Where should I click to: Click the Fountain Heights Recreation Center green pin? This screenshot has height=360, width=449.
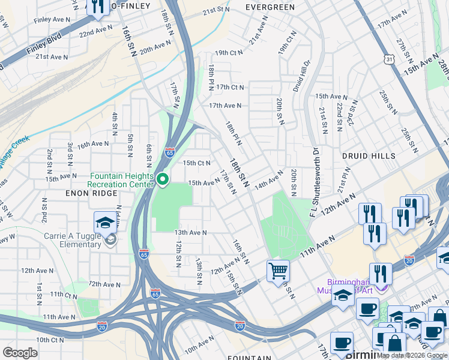pyautogui.click(x=162, y=179)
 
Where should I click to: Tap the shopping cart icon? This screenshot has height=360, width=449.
pyautogui.click(x=278, y=270)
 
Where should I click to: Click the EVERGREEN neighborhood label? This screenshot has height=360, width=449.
pyautogui.click(x=270, y=7)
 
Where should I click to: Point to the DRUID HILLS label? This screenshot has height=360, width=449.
pyautogui.click(x=369, y=155)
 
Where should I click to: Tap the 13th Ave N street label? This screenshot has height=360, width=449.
pyautogui.click(x=190, y=232)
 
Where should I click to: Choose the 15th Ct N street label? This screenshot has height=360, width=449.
pyautogui.click(x=197, y=163)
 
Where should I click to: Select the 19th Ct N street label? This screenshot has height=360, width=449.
pyautogui.click(x=229, y=52)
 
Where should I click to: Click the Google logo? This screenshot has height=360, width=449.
pyautogui.click(x=20, y=353)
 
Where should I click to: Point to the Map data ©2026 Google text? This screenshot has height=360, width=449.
pyautogui.click(x=412, y=355)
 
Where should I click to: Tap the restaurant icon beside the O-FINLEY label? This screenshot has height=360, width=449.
pyautogui.click(x=97, y=7)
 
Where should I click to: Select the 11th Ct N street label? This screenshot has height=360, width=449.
pyautogui.click(x=64, y=295)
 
